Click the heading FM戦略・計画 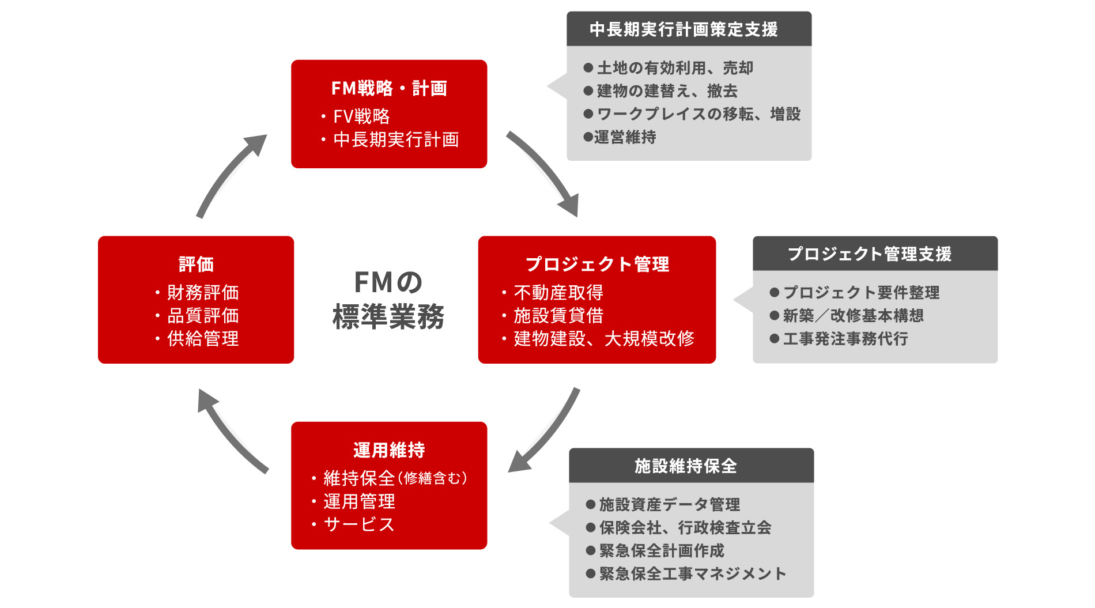click(x=389, y=88)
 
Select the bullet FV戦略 click(x=361, y=116)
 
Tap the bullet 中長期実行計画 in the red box click(x=396, y=139)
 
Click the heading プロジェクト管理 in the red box click(x=597, y=264)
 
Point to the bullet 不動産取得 click(x=558, y=293)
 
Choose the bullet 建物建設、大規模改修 click(x=604, y=339)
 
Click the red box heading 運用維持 click(x=389, y=450)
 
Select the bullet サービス click(x=359, y=524)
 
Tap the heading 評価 click(x=196, y=264)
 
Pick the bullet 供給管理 click(x=203, y=339)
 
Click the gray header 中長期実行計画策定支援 click(x=684, y=29)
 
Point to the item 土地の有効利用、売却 click(x=675, y=68)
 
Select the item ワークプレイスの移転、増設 click(x=698, y=114)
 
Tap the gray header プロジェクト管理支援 click(x=870, y=254)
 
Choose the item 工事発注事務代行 click(x=845, y=339)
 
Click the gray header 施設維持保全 click(x=686, y=466)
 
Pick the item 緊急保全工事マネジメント click(x=692, y=574)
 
